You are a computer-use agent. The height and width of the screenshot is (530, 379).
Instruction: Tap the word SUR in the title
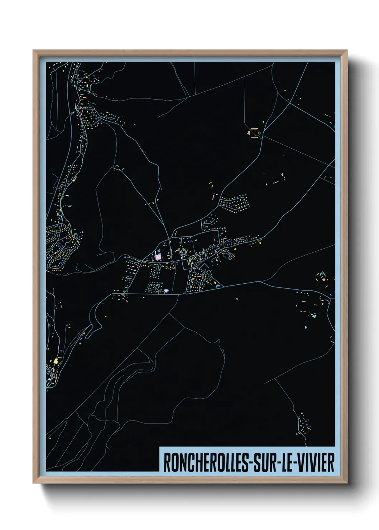tap(265, 463)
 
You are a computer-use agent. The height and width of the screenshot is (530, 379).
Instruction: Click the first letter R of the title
tap(167, 463)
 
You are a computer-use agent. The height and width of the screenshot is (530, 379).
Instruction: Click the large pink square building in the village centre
tap(158, 257)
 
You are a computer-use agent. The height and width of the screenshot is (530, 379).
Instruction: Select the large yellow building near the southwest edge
tap(56, 361)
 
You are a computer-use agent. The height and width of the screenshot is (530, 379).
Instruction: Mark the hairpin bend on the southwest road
tap(94, 324)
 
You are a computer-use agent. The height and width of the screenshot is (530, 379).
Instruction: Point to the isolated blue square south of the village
tap(237, 298)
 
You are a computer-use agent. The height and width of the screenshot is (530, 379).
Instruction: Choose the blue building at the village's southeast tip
tap(216, 286)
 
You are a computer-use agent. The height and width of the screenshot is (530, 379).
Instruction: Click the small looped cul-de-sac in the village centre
tap(155, 286)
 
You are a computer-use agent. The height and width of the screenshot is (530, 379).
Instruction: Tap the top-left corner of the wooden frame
tap(34, 51)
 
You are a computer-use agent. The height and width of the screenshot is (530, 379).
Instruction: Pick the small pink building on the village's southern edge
tap(166, 290)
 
